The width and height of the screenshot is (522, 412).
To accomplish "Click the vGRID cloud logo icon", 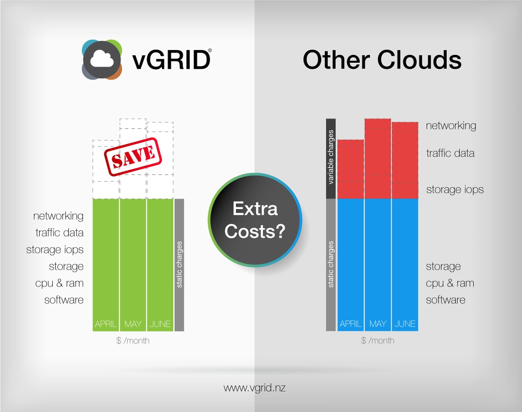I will (102, 60).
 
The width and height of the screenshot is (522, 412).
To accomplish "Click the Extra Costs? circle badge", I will (255, 220).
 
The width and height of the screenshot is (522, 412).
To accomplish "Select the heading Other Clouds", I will (381, 60).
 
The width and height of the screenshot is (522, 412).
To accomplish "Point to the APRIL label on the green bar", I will (106, 324).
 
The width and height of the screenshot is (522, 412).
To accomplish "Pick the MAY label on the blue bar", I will (378, 324).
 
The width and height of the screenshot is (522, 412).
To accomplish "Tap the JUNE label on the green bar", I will (160, 324).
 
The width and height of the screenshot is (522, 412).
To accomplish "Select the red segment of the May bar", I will (378, 159).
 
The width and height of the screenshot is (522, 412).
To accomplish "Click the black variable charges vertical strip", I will (331, 158).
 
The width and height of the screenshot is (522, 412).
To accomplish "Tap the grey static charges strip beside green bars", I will (179, 265).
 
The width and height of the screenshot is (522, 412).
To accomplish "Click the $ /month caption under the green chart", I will (133, 341).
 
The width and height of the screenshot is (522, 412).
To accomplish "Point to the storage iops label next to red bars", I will (455, 190).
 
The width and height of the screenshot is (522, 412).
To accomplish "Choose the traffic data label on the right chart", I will (450, 153).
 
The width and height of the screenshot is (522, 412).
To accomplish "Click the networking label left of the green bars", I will (58, 216).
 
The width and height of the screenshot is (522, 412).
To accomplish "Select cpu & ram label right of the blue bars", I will (450, 283).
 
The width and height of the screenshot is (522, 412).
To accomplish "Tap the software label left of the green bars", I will (64, 300).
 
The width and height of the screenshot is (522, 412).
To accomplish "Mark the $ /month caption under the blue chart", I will (378, 341).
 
